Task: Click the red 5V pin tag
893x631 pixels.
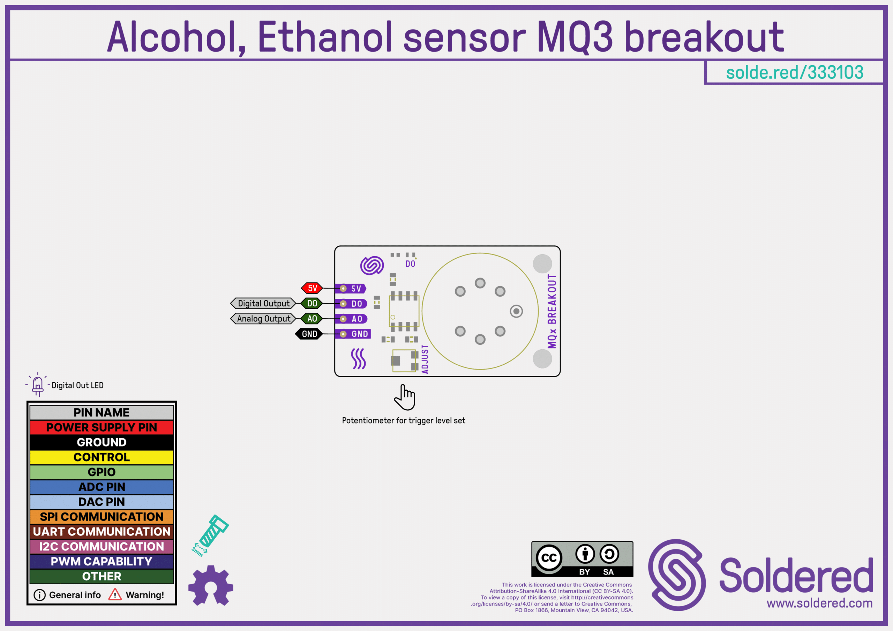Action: pyautogui.click(x=312, y=288)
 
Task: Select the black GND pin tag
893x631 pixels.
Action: pyautogui.click(x=309, y=334)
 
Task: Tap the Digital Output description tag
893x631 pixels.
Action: pyautogui.click(x=263, y=303)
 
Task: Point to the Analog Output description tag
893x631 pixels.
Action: pyautogui.click(x=263, y=319)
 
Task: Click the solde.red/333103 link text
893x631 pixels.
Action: pyautogui.click(x=795, y=72)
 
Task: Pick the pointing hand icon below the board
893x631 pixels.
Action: pyautogui.click(x=405, y=397)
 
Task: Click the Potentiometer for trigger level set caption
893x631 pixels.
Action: pyautogui.click(x=403, y=421)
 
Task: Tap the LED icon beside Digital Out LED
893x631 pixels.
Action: pyautogui.click(x=38, y=385)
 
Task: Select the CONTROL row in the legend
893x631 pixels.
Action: pyautogui.click(x=102, y=457)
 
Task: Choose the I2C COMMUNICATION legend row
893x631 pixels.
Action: pyautogui.click(x=102, y=547)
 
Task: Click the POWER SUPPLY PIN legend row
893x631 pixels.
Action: pyautogui.click(x=102, y=427)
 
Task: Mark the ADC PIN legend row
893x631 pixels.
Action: pyautogui.click(x=102, y=487)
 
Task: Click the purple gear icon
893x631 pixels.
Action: pyautogui.click(x=211, y=586)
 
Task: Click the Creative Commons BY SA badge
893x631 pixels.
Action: pyautogui.click(x=582, y=559)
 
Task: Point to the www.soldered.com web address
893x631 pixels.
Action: pyautogui.click(x=819, y=603)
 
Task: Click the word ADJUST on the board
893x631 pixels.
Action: pyautogui.click(x=425, y=359)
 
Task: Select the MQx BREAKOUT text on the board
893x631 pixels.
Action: pyautogui.click(x=552, y=311)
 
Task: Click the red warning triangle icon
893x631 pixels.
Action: pyautogui.click(x=115, y=594)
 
